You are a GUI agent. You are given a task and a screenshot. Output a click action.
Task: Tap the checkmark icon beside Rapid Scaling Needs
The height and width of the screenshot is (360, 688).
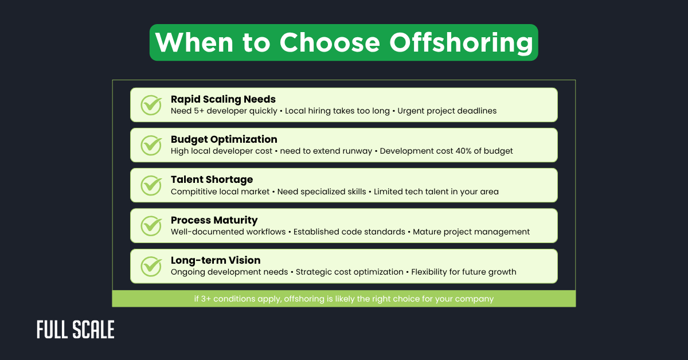click(151, 105)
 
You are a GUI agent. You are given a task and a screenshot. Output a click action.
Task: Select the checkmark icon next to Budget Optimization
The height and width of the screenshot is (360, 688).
click(151, 145)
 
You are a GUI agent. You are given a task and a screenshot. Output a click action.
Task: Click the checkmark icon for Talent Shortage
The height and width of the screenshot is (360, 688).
click(151, 185)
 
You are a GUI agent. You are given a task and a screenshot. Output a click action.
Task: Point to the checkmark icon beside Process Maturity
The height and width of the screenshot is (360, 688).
click(151, 225)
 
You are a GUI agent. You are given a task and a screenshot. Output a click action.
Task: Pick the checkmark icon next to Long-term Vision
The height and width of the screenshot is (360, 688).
click(151, 266)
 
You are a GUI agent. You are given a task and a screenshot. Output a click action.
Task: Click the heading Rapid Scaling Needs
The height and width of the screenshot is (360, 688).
click(223, 99)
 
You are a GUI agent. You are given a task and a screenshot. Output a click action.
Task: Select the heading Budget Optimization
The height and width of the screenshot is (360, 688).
click(224, 139)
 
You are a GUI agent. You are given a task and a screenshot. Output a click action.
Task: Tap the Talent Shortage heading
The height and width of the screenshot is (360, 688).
click(212, 179)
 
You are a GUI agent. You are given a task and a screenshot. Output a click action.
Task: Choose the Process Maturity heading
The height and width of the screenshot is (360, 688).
click(214, 220)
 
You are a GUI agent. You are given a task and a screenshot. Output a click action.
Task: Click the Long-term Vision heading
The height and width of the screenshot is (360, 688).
click(216, 260)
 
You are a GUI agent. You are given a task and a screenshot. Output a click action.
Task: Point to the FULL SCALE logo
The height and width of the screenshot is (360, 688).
click(76, 330)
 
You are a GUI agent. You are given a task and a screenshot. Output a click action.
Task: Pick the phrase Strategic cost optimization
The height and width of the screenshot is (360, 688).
click(350, 272)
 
